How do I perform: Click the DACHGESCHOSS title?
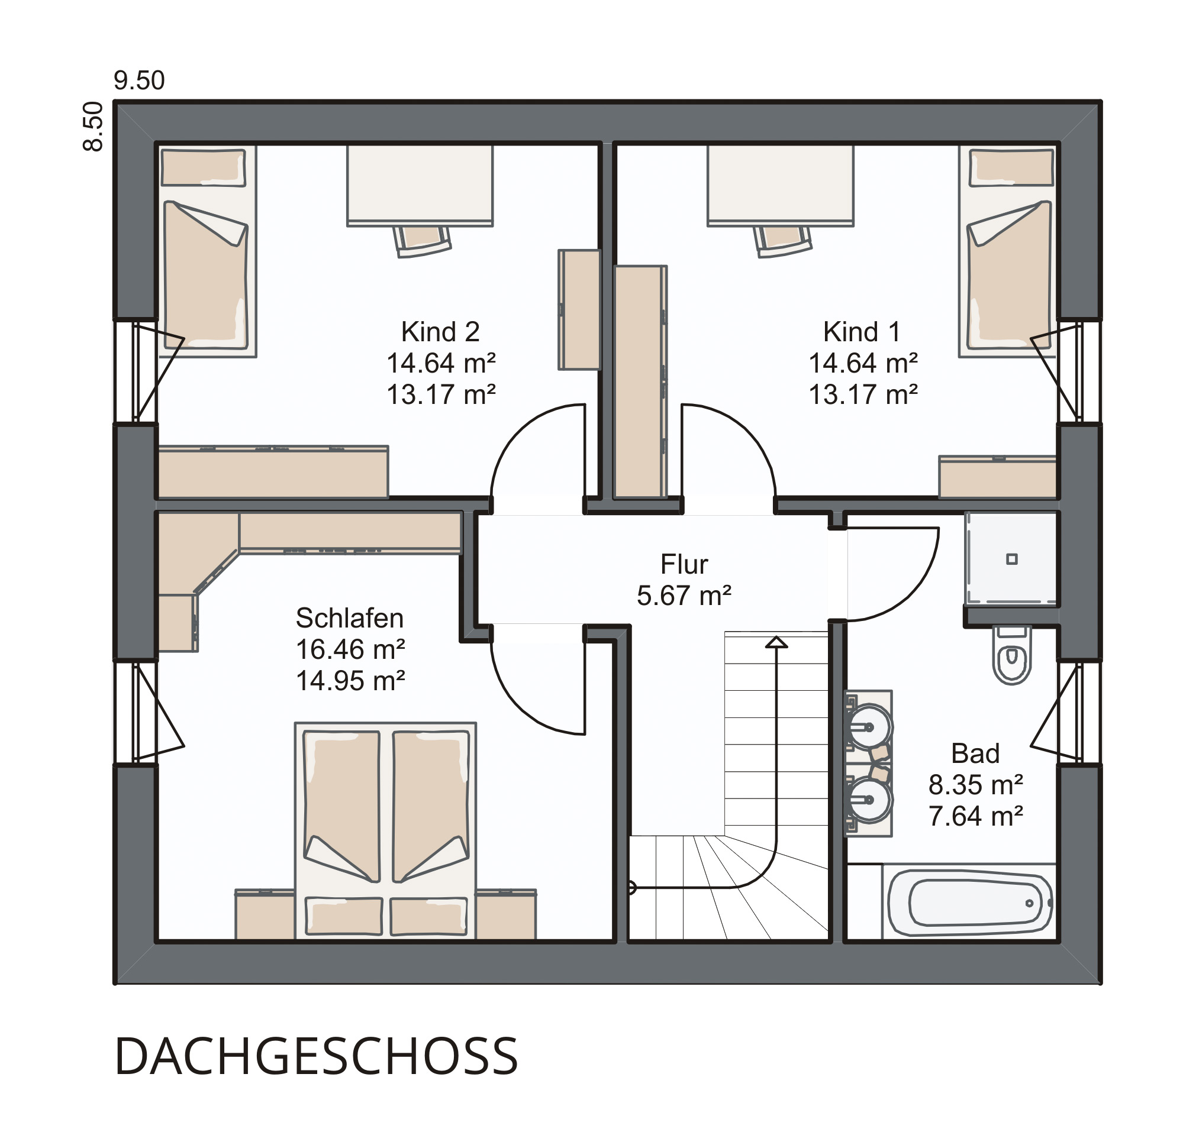pyautogui.click(x=316, y=1056)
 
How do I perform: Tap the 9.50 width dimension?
pyautogui.click(x=139, y=81)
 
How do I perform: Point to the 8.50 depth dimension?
pyautogui.click(x=94, y=126)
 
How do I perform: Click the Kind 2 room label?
pyautogui.click(x=440, y=332)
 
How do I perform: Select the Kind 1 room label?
pyautogui.click(x=862, y=332)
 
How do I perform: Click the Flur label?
pyautogui.click(x=684, y=564)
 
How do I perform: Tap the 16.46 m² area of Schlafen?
pyautogui.click(x=350, y=650)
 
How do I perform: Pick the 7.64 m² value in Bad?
pyautogui.click(x=975, y=816)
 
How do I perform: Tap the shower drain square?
pyautogui.click(x=1012, y=559)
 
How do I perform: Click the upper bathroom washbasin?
pyautogui.click(x=869, y=727)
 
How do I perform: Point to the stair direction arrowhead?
pyautogui.click(x=776, y=642)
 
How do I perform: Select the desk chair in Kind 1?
pyautogui.click(x=782, y=241)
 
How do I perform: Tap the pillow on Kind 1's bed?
pyautogui.click(x=1011, y=167)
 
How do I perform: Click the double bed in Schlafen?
pyautogui.click(x=385, y=831)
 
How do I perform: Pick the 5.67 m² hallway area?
pyautogui.click(x=684, y=596)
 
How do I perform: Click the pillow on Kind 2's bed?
pyautogui.click(x=204, y=167)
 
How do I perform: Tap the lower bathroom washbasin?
pyautogui.click(x=869, y=800)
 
